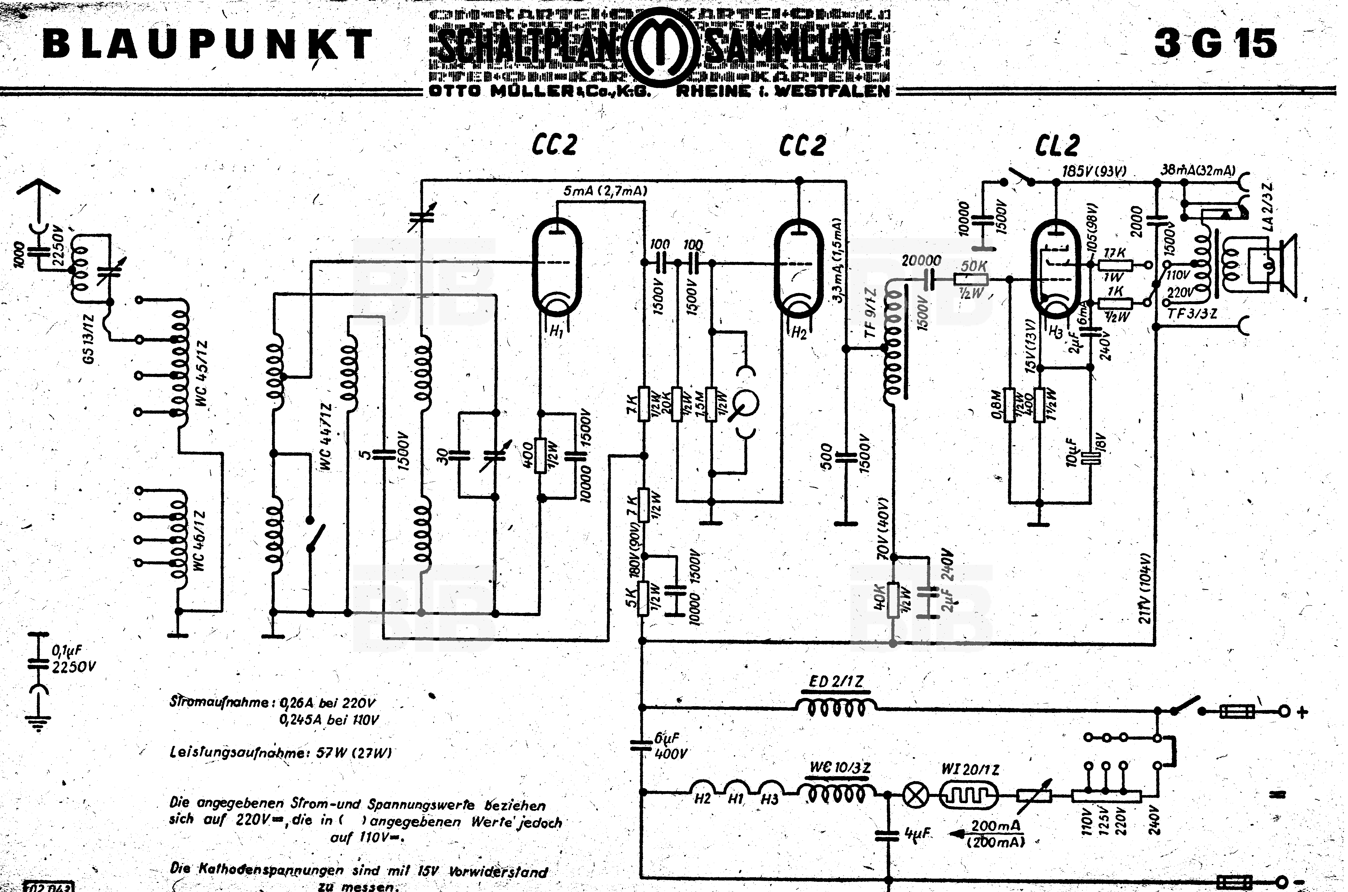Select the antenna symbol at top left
coord(38,191)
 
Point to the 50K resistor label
coord(974,266)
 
